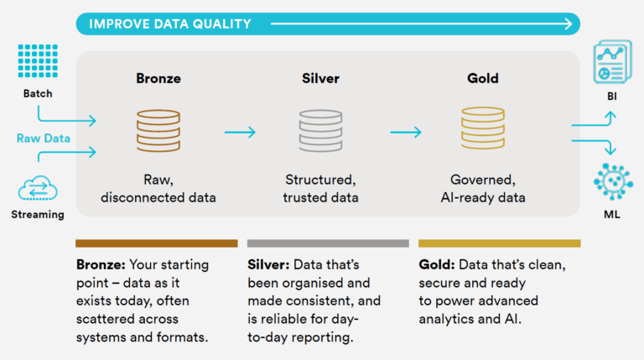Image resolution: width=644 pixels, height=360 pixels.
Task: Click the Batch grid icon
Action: tap(38, 60)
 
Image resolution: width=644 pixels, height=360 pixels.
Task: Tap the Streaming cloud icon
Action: tap(38, 188)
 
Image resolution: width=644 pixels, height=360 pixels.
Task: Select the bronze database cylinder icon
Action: tap(158, 131)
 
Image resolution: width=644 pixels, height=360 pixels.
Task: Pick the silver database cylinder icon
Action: tap(320, 131)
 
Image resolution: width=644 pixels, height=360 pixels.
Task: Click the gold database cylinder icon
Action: tap(483, 128)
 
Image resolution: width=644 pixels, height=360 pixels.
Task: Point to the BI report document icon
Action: tap(612, 61)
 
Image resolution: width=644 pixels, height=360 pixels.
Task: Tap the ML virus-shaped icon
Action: tap(613, 181)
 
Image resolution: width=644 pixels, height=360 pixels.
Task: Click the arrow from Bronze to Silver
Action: tap(241, 132)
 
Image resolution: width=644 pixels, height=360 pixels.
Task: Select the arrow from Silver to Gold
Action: tap(406, 132)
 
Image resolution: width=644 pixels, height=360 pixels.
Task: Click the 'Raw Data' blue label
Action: tap(43, 138)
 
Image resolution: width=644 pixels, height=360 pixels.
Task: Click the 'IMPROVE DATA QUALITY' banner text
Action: tap(170, 23)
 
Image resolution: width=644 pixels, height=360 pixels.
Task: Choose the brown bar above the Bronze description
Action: tap(157, 243)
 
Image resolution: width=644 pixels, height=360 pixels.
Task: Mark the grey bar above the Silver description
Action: tap(328, 243)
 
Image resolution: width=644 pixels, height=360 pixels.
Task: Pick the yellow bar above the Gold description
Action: tap(500, 243)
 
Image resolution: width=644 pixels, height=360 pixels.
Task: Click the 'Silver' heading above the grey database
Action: tap(320, 78)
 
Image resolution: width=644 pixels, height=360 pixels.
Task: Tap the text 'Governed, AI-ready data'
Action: tap(483, 189)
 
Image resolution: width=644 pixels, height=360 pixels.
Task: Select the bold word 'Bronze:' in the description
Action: tap(101, 264)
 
